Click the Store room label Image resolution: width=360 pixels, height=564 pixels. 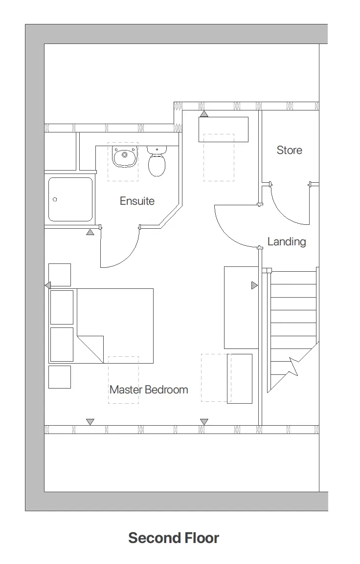pyautogui.click(x=289, y=150)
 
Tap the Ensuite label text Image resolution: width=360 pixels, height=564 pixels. pyautogui.click(x=137, y=201)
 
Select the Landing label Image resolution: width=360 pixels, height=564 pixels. pyautogui.click(x=287, y=241)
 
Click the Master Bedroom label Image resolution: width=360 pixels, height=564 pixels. pyautogui.click(x=149, y=390)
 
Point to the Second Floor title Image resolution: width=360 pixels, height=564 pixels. pyautogui.click(x=174, y=538)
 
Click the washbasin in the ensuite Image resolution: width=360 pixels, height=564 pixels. pyautogui.click(x=124, y=156)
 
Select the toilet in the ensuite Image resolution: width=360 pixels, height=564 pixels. pyautogui.click(x=157, y=163)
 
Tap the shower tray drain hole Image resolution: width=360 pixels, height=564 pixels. pyautogui.click(x=55, y=199)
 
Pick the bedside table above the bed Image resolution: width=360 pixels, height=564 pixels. pyautogui.click(x=60, y=275)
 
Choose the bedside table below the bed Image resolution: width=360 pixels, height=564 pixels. pyautogui.click(x=60, y=377)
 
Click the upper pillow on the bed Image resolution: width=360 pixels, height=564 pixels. pyautogui.click(x=62, y=307)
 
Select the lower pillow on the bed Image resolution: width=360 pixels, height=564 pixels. pyautogui.click(x=62, y=345)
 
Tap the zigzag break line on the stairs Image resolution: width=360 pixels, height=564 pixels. pyautogui.click(x=295, y=366)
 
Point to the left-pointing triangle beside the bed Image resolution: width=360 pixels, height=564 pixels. pyautogui.click(x=47, y=285)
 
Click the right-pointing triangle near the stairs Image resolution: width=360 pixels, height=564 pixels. pyautogui.click(x=254, y=285)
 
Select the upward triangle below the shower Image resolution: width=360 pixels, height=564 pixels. pyautogui.click(x=90, y=232)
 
